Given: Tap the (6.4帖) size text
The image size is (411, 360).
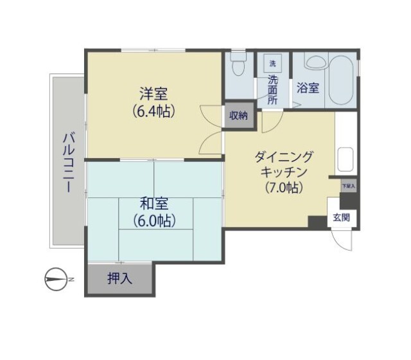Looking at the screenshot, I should pos(155,111).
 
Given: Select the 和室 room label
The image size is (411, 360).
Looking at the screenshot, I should pos(154,204).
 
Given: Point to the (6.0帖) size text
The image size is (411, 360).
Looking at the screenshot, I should pos(154,220).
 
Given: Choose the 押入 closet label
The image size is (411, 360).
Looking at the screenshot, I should pos(119,279).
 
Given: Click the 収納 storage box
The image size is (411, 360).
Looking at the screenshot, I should pos(239,116).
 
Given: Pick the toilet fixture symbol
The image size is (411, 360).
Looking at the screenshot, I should pos(239,64).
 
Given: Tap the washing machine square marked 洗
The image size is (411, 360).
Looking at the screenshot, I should pos(272,63).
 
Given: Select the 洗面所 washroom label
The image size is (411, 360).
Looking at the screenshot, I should pos(272,91).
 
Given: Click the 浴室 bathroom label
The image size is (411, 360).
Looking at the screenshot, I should pos(308,88).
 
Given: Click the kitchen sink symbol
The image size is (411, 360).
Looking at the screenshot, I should pos(345,159).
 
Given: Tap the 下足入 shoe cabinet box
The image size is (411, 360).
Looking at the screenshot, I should pos(348,186).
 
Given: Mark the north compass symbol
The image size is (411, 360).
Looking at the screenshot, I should pos(57,279).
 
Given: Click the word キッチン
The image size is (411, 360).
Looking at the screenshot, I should pos(283,172).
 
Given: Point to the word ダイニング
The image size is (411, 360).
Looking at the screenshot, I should pos(283,156).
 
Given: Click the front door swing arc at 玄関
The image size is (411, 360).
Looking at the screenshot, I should pos(342,242).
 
